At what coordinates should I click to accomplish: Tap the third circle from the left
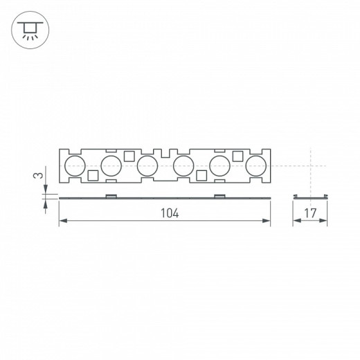(147, 165)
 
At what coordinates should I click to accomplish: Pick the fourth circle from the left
(183, 165)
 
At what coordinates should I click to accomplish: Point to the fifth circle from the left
(220, 165)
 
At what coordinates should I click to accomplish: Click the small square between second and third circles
(129, 155)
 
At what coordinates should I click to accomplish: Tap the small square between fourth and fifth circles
(201, 176)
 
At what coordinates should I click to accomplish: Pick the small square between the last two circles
(238, 155)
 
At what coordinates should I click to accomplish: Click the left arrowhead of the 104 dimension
(62, 221)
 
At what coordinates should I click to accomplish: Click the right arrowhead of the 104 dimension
(267, 221)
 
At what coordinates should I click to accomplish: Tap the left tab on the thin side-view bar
(110, 196)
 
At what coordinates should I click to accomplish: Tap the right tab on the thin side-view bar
(219, 196)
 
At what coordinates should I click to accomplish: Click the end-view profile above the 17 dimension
(309, 197)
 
